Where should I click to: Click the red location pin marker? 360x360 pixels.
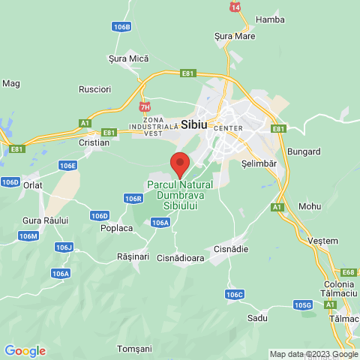tap(180, 163)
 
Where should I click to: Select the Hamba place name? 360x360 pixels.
tap(270, 19)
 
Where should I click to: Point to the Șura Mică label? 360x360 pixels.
tap(129, 58)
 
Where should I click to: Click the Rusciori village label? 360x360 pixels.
tap(94, 89)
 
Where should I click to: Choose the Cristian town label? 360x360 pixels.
tap(94, 141)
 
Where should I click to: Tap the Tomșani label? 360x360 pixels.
tap(135, 349)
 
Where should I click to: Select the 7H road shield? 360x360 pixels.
tap(145, 107)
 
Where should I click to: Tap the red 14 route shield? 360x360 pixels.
tap(235, 7)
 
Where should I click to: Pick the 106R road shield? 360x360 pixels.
tap(133, 199)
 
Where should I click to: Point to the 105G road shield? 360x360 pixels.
tap(302, 305)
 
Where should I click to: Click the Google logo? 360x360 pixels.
tap(25, 351)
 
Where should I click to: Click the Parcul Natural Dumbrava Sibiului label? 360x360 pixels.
tap(180, 195)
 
